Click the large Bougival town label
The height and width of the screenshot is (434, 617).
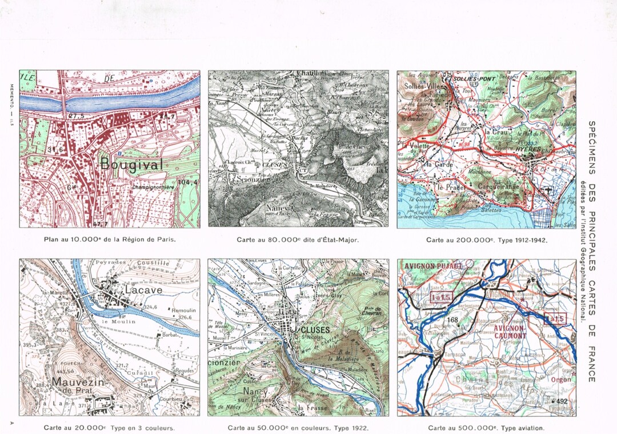click(131, 164)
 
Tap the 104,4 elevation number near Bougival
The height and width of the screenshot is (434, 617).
click(189, 182)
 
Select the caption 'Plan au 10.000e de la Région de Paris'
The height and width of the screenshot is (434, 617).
click(110, 240)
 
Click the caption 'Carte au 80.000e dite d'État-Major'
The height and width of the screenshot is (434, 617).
click(298, 240)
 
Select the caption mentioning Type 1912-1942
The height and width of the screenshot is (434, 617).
click(486, 240)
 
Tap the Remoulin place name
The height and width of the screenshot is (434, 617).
click(183, 310)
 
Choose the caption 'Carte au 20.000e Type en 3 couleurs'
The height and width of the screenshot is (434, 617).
click(109, 427)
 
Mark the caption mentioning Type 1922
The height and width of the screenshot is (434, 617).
click(298, 427)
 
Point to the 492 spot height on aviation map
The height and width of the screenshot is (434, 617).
click(562, 401)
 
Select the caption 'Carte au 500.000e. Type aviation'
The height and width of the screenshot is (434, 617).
click(486, 427)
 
